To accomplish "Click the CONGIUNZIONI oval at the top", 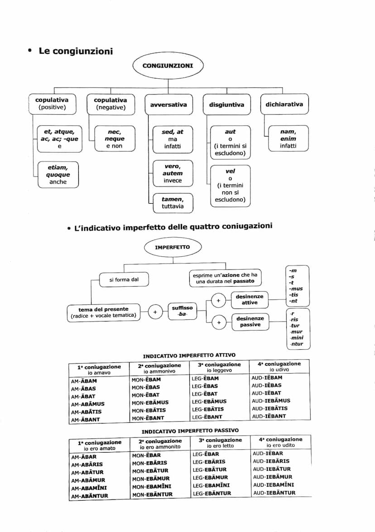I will point(168,66).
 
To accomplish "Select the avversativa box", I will point(168,105).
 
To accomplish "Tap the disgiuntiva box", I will point(226,105).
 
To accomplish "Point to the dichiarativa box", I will point(284,104).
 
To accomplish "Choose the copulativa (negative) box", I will point(110,104).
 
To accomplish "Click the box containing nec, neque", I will point(115,139).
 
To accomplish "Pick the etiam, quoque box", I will point(58,175).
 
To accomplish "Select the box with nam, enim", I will point(288,139).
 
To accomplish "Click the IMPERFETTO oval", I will point(166,248).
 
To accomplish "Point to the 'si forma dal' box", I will point(124,280).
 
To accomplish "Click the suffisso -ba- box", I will point(183,311).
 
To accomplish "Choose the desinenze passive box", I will point(250,322).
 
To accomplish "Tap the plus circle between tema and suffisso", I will point(155,312).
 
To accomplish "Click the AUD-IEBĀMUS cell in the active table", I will point(271,401).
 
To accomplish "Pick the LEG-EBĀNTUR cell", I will point(212,493).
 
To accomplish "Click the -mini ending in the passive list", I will point(297,337).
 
